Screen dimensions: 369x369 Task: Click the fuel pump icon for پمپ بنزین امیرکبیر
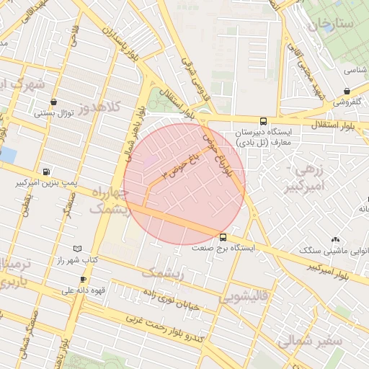(46, 172)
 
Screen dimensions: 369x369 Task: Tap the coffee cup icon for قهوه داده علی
(84, 280)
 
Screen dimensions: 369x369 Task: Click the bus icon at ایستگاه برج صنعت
(222, 236)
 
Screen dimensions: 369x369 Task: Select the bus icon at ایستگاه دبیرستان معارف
(263, 121)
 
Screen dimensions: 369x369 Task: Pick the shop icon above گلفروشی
(347, 92)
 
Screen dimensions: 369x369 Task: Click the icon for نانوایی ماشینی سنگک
(334, 239)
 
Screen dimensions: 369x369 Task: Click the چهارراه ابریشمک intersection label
(108, 201)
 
